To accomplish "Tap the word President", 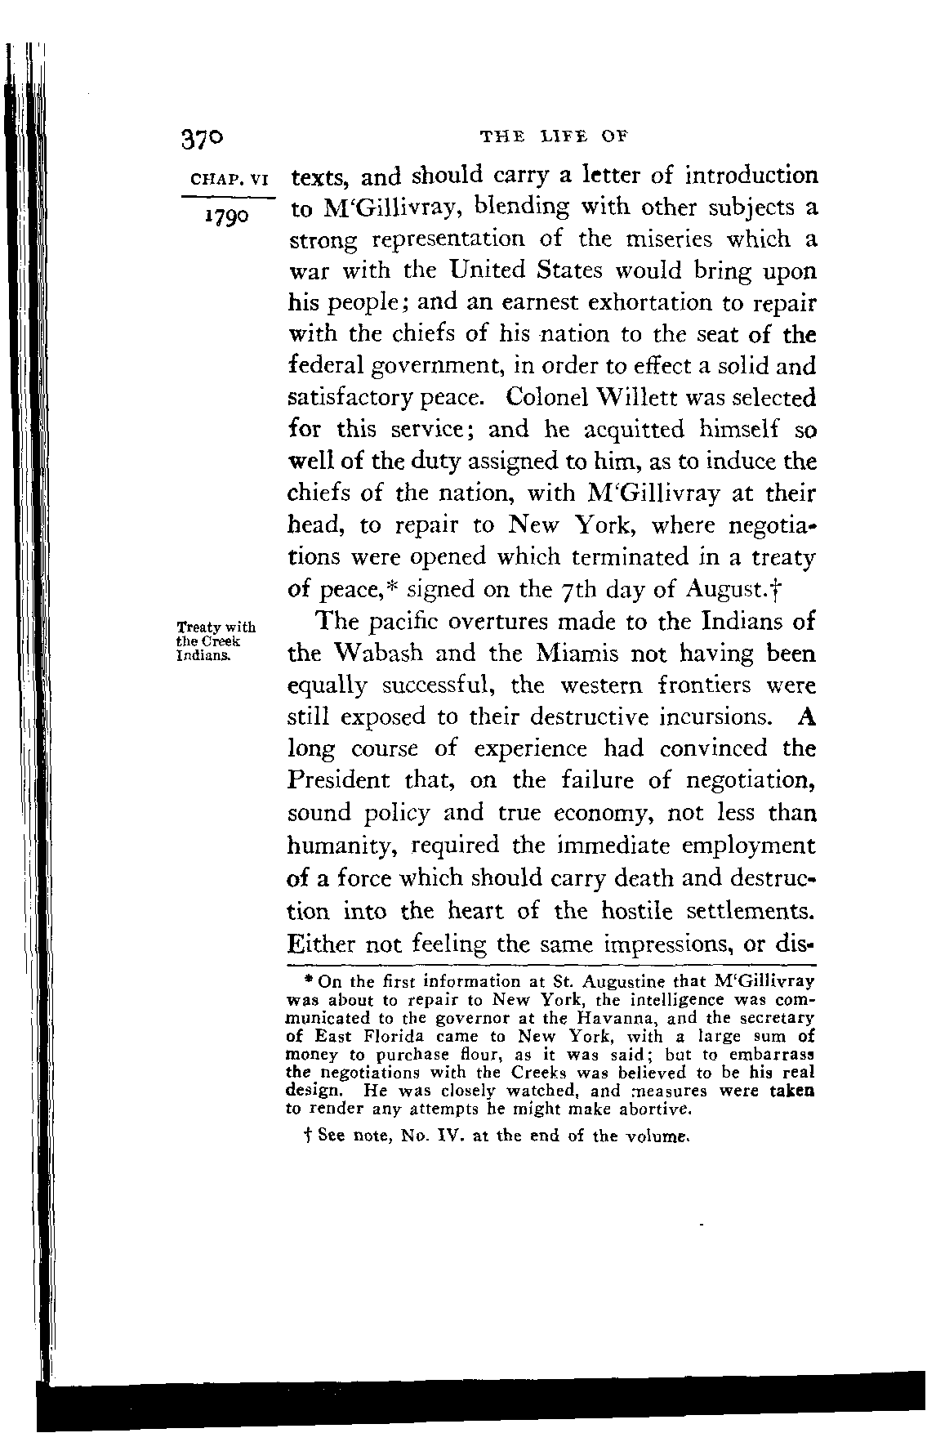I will coord(345,781).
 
